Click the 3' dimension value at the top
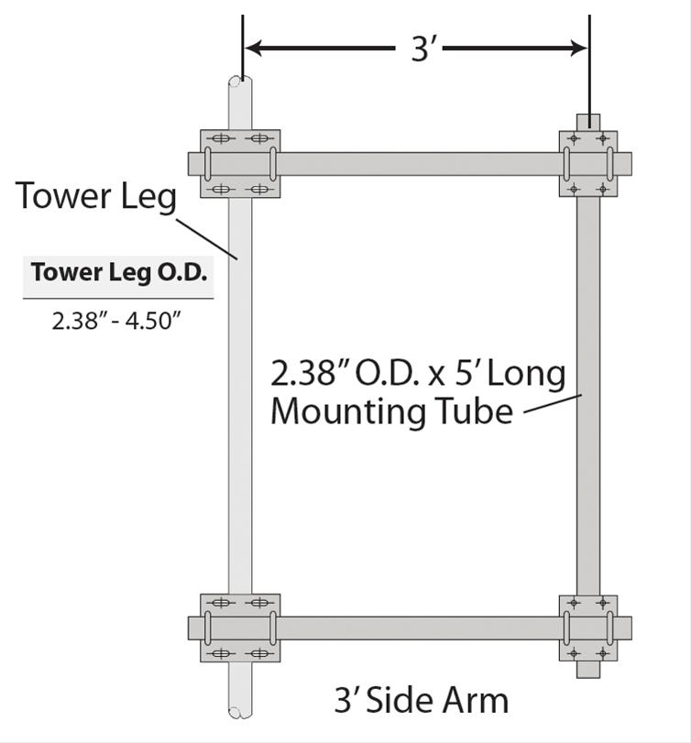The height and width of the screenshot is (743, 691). [x=421, y=49]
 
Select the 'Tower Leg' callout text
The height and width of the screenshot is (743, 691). [x=96, y=196]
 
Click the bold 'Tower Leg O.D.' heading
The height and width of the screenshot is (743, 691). [x=118, y=273]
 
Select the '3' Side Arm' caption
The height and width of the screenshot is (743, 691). [x=421, y=700]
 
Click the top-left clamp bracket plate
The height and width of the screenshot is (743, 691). [x=240, y=164]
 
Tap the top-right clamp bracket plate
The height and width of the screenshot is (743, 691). [x=587, y=163]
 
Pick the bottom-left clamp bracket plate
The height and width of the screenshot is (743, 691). [x=240, y=628]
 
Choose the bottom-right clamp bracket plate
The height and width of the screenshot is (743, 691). [x=587, y=628]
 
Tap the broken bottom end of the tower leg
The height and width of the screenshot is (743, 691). [x=239, y=710]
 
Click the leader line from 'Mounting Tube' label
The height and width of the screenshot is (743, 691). [x=553, y=405]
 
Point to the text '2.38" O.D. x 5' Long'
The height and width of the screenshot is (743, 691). [x=418, y=374]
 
